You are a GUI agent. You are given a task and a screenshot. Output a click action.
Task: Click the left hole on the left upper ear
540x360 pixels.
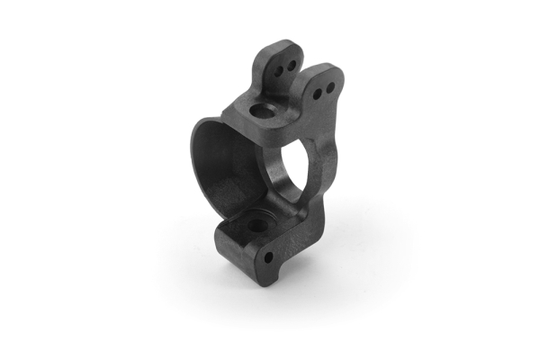(x=279, y=65)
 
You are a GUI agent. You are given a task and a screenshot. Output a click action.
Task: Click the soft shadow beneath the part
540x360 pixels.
(x=270, y=297)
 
